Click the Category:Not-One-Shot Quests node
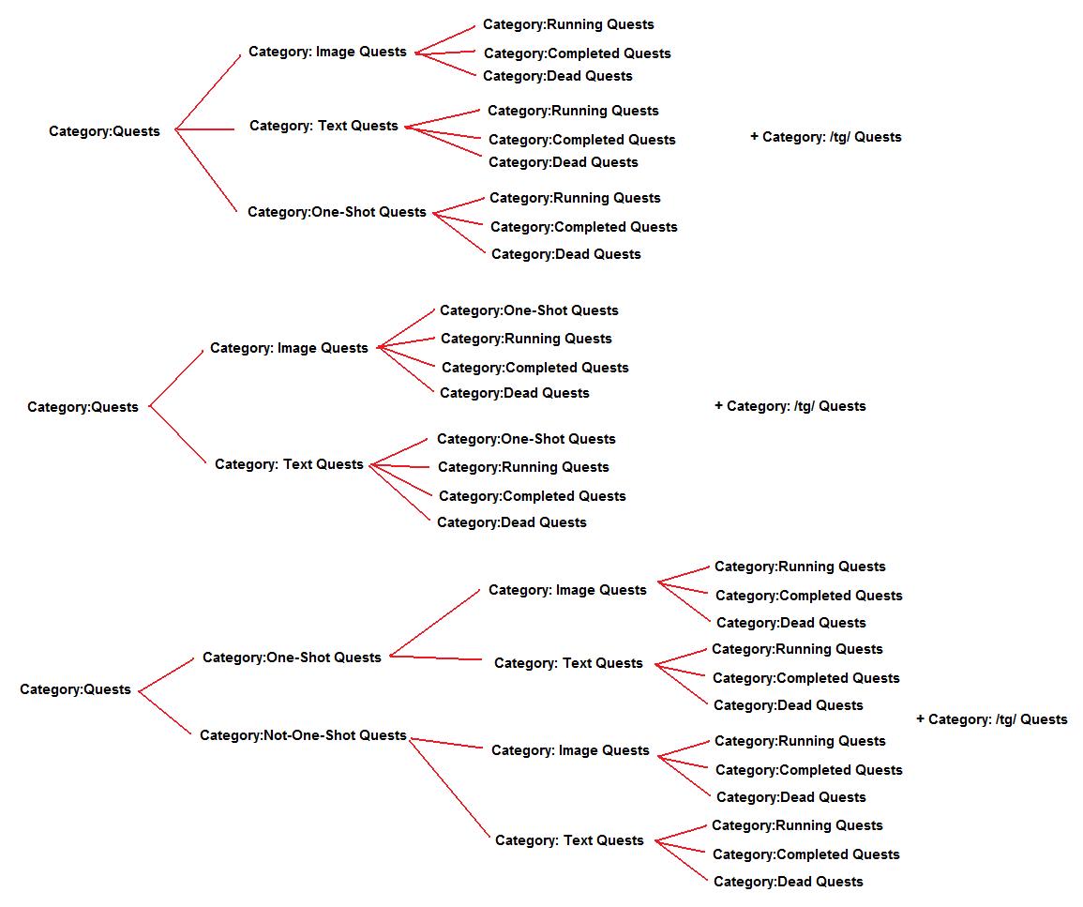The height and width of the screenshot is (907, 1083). point(303,735)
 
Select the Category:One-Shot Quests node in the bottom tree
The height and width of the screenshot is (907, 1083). point(292,658)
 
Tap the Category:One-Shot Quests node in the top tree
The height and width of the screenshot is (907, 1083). point(337,212)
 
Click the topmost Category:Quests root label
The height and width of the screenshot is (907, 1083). point(104,131)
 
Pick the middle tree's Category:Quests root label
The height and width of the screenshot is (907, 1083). point(83,407)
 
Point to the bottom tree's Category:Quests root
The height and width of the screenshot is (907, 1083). point(75,689)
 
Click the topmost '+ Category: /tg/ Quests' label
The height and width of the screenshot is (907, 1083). point(825,137)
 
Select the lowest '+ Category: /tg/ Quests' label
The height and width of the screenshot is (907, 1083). point(991,719)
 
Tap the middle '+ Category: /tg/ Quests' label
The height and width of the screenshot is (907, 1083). point(790,406)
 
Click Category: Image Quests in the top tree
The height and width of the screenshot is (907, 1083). point(327,52)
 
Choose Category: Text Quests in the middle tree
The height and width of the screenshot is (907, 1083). point(289,464)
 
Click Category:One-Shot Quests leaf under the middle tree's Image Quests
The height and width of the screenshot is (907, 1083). point(529,310)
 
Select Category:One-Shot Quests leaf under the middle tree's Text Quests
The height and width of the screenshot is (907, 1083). point(526,439)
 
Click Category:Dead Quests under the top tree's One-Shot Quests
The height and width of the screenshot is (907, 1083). point(565,254)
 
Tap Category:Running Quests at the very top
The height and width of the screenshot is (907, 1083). point(568,24)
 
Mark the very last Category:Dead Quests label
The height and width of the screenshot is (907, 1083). point(788,882)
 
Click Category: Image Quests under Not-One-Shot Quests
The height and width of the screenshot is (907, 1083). point(570,750)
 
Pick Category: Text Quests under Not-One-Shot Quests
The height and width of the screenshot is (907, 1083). point(569,840)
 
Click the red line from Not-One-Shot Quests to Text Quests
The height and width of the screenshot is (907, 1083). point(450,789)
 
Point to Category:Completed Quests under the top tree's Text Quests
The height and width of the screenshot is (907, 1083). point(581,140)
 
